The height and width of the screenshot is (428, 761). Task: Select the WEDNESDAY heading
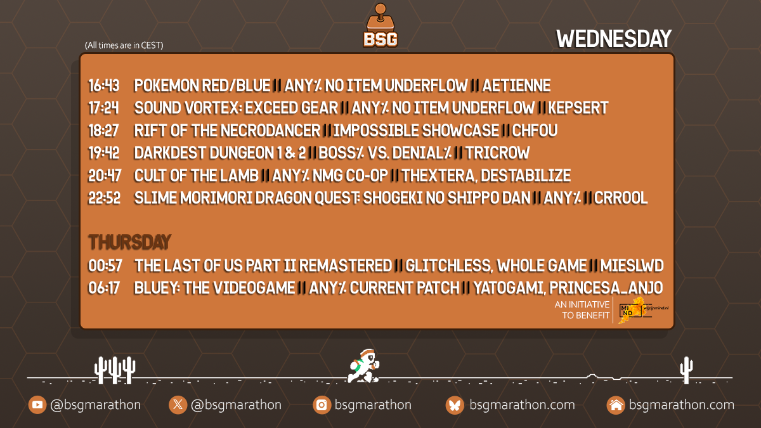click(614, 39)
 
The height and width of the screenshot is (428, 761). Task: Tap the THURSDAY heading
click(129, 242)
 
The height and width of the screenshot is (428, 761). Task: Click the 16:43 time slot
click(104, 86)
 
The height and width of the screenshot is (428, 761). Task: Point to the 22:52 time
click(104, 198)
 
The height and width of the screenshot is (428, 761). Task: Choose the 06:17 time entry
click(104, 288)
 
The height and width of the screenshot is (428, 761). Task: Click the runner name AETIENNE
click(516, 86)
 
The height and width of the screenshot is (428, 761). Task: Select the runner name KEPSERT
click(578, 108)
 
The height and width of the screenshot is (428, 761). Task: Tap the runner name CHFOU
click(535, 131)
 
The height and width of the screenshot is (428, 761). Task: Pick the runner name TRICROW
click(497, 153)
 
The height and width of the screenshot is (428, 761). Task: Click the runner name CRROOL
click(621, 198)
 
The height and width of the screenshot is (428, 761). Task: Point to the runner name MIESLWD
click(632, 266)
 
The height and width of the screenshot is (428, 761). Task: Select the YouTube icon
click(37, 405)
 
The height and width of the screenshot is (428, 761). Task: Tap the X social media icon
click(178, 405)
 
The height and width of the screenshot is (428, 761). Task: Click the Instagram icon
click(322, 405)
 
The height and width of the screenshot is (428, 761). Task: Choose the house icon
click(616, 405)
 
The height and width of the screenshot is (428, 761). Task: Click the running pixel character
click(363, 366)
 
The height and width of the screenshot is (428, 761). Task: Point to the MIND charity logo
click(643, 310)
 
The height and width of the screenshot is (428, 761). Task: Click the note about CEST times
click(124, 46)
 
